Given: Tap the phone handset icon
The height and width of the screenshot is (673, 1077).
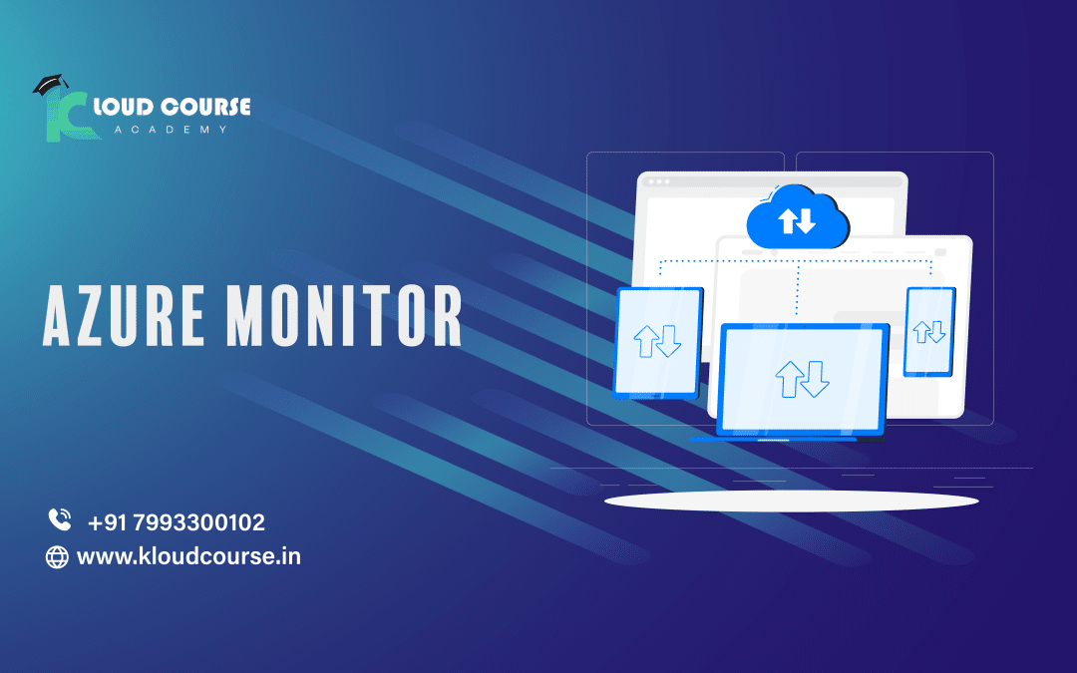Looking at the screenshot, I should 59,519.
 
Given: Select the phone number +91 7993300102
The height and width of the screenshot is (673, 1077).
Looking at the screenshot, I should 176,521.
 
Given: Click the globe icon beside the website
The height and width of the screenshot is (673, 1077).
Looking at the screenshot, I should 58,557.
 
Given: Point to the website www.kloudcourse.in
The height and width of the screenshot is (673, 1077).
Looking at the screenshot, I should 188,556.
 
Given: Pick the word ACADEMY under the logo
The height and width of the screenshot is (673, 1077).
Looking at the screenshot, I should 171,130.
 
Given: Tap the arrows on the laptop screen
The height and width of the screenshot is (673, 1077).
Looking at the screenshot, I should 803,378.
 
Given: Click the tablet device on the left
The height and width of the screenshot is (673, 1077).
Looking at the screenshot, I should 659,342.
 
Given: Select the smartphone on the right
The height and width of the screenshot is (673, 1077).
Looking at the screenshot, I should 929,331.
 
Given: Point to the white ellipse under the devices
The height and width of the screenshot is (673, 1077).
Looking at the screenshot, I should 791,501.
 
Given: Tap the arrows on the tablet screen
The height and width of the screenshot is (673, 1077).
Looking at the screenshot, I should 658,342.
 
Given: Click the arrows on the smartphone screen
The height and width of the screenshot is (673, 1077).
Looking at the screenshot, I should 929,331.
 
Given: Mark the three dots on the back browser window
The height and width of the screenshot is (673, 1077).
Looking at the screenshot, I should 658,182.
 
